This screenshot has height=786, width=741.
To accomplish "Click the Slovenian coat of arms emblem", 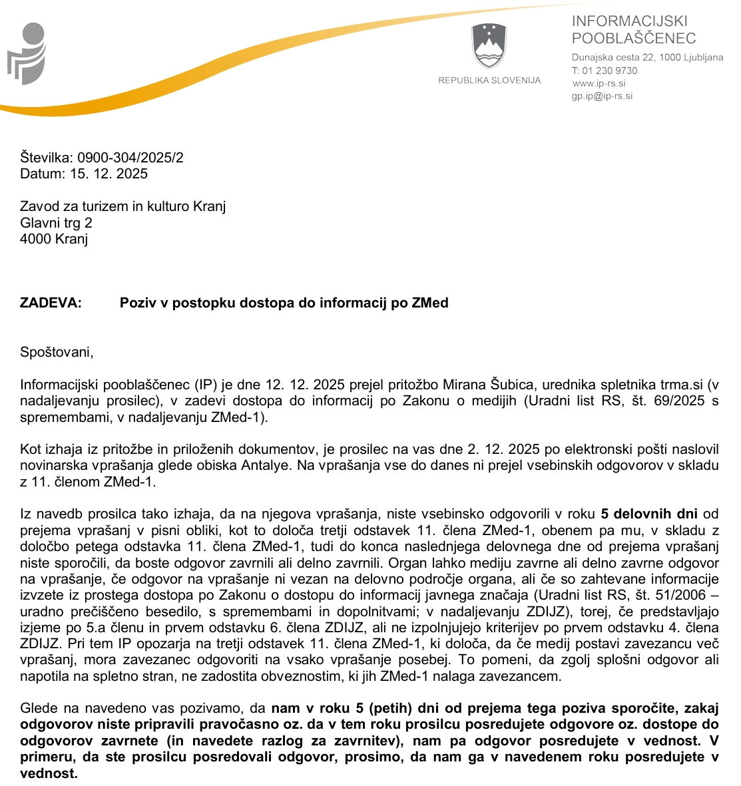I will [x=489, y=46].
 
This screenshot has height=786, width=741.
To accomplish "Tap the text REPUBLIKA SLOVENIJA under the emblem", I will [x=489, y=81].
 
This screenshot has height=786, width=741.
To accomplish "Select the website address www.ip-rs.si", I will [x=599, y=83].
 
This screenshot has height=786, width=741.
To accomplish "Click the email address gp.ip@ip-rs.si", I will [x=602, y=96].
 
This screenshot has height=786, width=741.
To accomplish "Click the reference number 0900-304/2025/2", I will [x=130, y=158].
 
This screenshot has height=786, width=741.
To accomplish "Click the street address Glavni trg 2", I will [x=56, y=223].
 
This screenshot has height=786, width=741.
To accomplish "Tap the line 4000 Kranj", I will [x=54, y=239].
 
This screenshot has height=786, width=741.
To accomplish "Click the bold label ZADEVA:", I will [x=51, y=303].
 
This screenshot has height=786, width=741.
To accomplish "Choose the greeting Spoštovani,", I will [x=57, y=351].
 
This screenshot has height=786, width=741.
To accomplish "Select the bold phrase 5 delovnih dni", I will [x=649, y=514].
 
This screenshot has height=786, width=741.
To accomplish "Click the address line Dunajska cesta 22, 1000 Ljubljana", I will [x=647, y=57].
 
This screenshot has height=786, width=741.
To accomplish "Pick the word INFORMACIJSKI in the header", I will [x=629, y=21].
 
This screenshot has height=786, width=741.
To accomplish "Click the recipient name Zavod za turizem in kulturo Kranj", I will [x=123, y=206].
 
